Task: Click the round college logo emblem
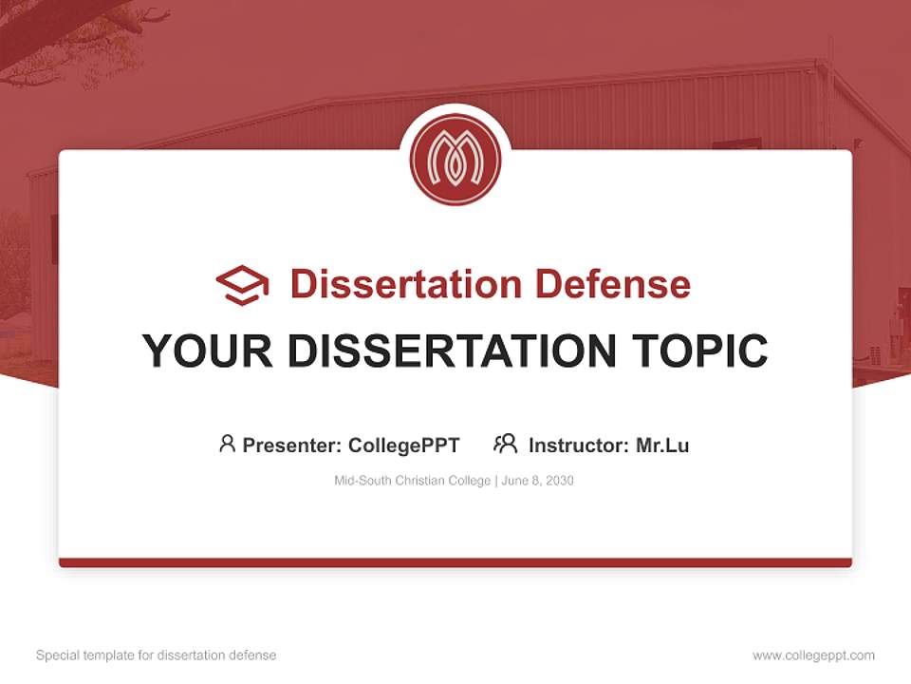455,161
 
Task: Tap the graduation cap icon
242,285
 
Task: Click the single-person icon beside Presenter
227,444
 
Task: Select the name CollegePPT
404,445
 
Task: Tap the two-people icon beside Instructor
506,444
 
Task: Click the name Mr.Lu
662,445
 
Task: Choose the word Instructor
578,445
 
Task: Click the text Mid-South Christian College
412,481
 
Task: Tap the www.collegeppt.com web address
813,655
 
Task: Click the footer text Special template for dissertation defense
157,655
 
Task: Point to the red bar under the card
455,562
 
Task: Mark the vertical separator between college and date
493,481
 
